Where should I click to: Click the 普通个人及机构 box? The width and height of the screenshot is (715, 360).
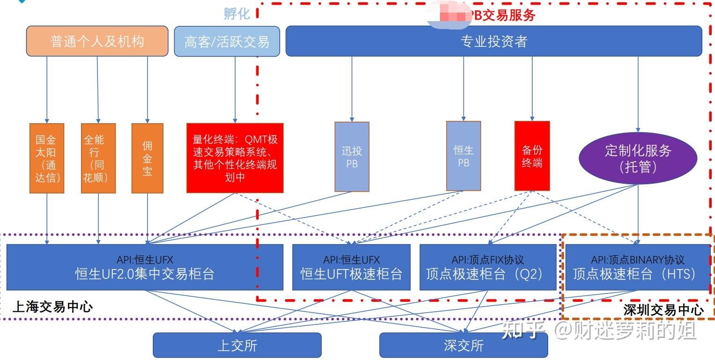pos(97,41)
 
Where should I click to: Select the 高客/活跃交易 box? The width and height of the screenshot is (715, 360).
pos(227,41)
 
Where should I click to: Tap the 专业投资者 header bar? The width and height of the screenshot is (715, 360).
pos(494,41)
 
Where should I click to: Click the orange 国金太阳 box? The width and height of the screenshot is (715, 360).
pos(47,158)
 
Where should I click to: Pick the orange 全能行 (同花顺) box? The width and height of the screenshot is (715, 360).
pos(98,158)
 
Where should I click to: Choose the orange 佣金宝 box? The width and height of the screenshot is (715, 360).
pos(148,158)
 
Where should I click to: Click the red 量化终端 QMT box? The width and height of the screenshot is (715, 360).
pos(235,158)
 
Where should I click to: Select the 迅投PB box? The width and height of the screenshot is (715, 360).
pos(352,157)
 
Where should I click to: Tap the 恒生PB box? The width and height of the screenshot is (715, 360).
pos(463,156)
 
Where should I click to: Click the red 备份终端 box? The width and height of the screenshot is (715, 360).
pos(532,156)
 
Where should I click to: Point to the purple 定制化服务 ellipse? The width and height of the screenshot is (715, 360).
pos(638,158)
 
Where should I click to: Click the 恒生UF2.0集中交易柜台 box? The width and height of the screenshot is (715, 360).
pos(145,267)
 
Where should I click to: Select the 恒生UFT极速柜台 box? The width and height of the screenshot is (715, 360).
pos(351,267)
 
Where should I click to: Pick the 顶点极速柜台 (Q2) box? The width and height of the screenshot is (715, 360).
pos(488,267)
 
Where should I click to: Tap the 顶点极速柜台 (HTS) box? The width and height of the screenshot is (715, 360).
pos(638,267)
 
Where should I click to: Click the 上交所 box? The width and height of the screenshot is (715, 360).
pos(237,345)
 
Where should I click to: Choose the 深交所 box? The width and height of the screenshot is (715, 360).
pos(463,345)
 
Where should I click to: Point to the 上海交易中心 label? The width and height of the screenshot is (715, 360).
pos(52,307)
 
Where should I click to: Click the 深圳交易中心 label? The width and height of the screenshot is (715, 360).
pos(663,310)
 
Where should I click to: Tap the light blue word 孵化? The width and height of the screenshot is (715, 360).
pos(237,14)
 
